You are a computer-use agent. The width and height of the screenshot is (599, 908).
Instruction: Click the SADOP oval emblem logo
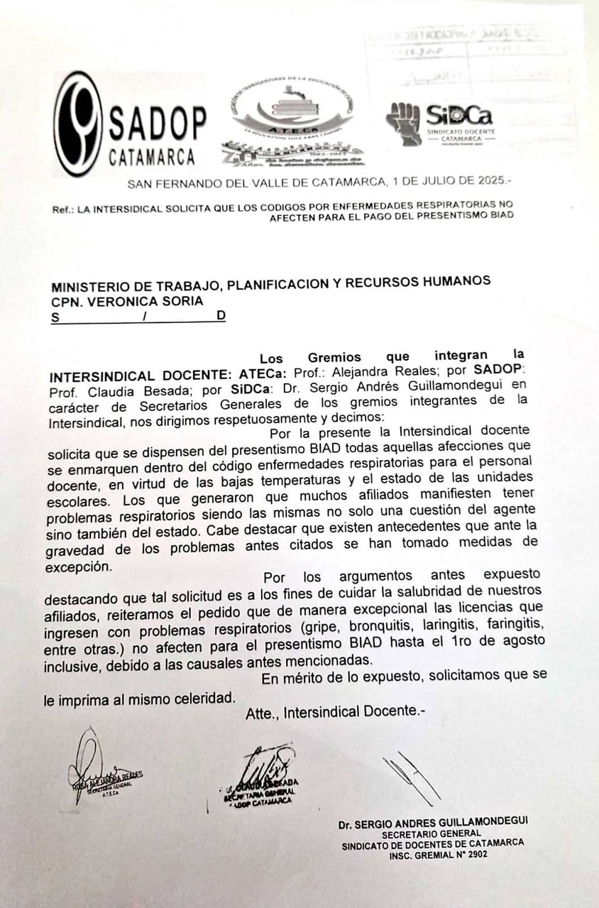tap(79, 124)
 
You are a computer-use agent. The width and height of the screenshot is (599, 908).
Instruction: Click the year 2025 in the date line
tap(490, 182)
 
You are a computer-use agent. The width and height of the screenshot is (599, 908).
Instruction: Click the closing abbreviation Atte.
tap(260, 713)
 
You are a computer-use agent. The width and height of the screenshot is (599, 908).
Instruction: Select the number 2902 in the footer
tap(473, 855)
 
